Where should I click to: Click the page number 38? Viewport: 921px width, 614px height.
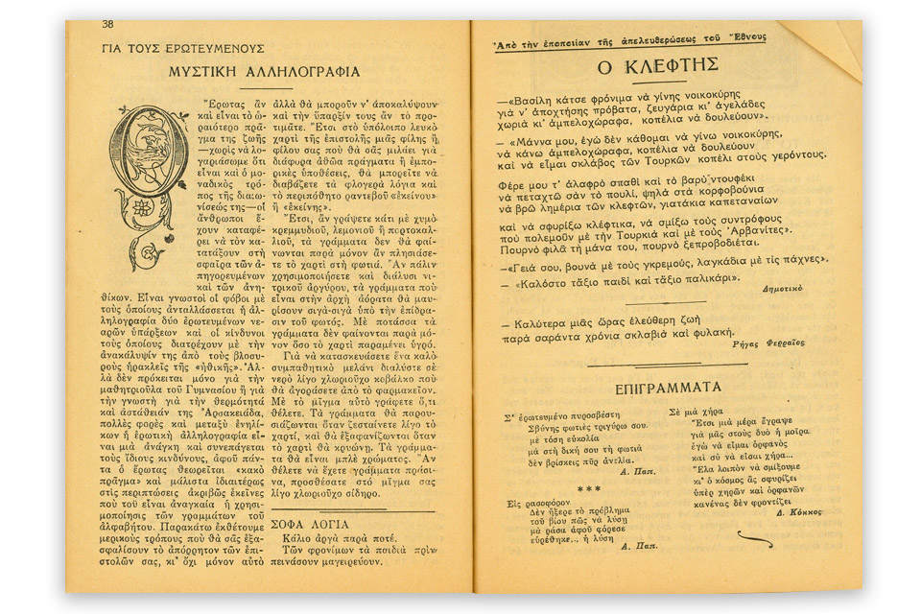[x=107, y=25]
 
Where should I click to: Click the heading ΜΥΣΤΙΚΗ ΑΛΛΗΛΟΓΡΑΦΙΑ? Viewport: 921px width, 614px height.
[x=264, y=71]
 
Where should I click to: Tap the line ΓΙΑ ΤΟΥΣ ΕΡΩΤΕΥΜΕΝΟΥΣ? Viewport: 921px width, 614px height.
[x=182, y=49]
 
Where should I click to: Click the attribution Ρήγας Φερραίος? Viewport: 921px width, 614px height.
[x=767, y=342]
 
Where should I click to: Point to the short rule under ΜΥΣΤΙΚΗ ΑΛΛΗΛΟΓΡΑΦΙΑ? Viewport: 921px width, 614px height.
[x=264, y=88]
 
